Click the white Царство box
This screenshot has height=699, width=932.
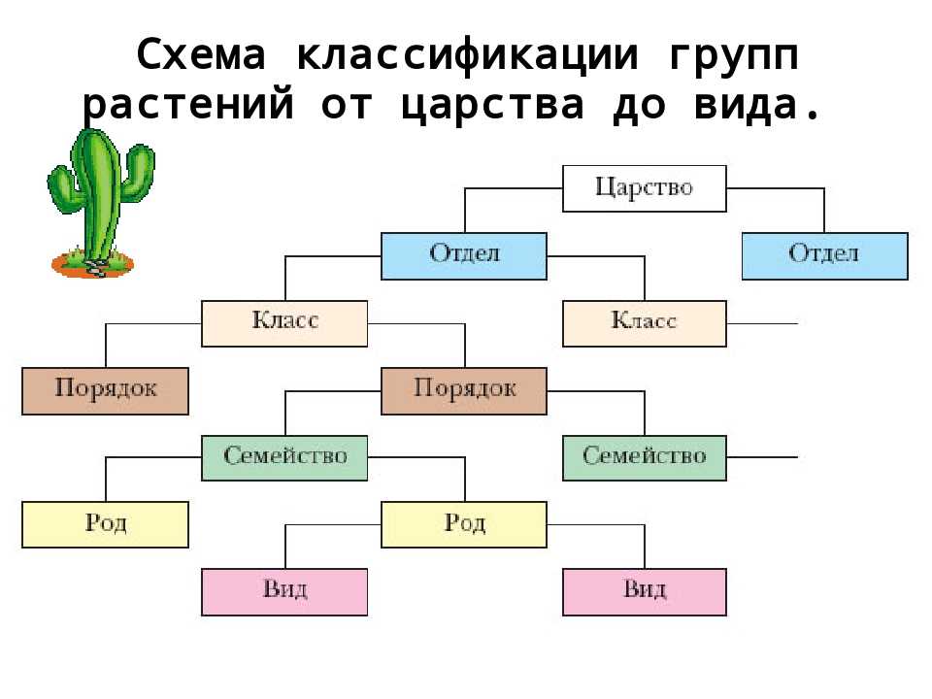pos(644,188)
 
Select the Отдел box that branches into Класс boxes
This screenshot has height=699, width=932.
pos(463,256)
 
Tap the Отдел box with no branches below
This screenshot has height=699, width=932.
pos(824,256)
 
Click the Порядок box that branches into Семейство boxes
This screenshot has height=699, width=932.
pos(463,391)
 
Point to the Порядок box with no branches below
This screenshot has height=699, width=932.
pos(105,391)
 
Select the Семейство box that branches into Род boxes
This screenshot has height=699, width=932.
pos(284,458)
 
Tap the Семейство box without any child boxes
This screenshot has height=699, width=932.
pos(644,458)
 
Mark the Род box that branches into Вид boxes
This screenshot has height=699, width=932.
pos(463,525)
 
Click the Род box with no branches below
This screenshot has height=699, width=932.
pos(105,525)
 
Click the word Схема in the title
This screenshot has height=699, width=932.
pos(200,56)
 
